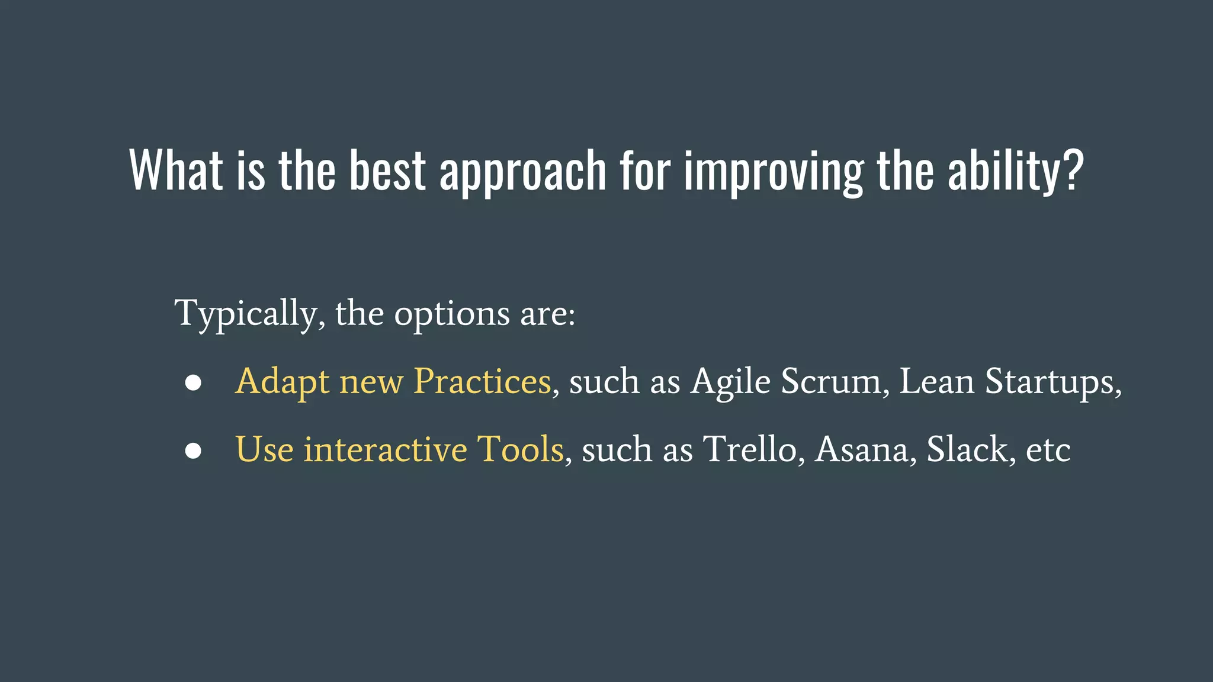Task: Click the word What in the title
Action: (x=176, y=170)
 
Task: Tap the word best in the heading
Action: (x=387, y=170)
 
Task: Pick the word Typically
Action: (x=249, y=314)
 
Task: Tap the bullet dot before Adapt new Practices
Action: (x=193, y=382)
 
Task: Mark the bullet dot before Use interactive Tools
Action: (x=193, y=451)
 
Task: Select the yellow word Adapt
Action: (x=282, y=382)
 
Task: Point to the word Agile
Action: (x=731, y=382)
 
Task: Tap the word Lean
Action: (x=936, y=381)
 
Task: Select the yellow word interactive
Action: (x=386, y=449)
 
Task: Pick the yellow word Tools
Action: (x=521, y=449)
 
